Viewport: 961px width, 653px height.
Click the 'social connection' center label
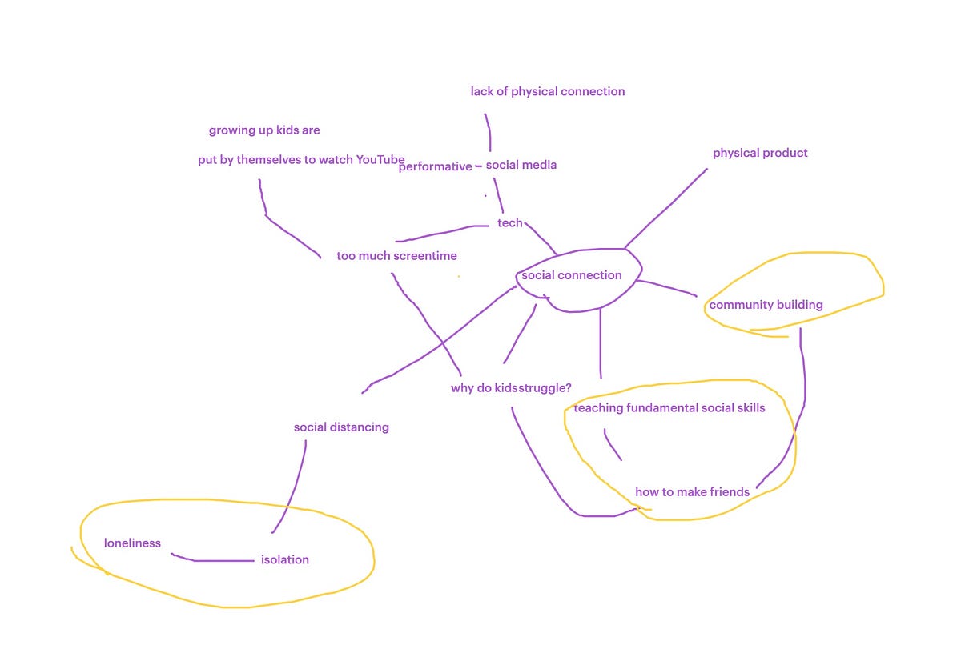click(x=572, y=275)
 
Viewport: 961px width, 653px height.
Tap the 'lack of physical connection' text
click(x=548, y=92)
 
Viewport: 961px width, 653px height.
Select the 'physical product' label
click(x=760, y=154)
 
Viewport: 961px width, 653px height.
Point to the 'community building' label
click(x=766, y=305)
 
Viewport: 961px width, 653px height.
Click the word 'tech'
click(x=510, y=223)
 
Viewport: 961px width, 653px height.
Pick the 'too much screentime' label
click(x=397, y=256)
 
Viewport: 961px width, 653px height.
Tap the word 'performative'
click(x=436, y=166)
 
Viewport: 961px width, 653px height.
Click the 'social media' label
click(x=521, y=165)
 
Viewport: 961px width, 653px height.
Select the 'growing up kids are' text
click(x=264, y=130)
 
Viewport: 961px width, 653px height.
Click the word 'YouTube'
click(x=380, y=160)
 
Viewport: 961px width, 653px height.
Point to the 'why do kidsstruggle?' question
click(x=511, y=388)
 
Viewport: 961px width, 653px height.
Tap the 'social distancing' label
click(x=341, y=427)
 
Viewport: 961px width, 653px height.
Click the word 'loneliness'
click(x=133, y=543)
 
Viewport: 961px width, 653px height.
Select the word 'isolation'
click(x=285, y=560)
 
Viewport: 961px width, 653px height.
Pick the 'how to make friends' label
click(x=693, y=492)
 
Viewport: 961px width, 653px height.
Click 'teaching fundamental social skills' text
click(x=669, y=408)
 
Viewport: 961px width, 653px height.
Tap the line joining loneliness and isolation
click(x=212, y=560)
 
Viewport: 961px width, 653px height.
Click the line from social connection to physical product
click(x=665, y=209)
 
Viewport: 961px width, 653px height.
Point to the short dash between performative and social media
click(x=479, y=166)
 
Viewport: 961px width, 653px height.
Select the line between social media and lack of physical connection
click(x=489, y=133)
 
